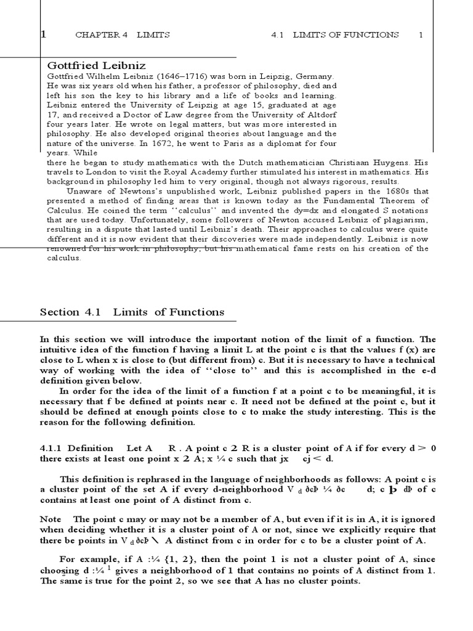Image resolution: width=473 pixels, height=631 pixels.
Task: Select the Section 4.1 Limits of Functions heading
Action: pos(132,312)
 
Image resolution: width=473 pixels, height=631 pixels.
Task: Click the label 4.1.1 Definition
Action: pos(76,448)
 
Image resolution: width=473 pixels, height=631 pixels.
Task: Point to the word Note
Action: pos(51,519)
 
